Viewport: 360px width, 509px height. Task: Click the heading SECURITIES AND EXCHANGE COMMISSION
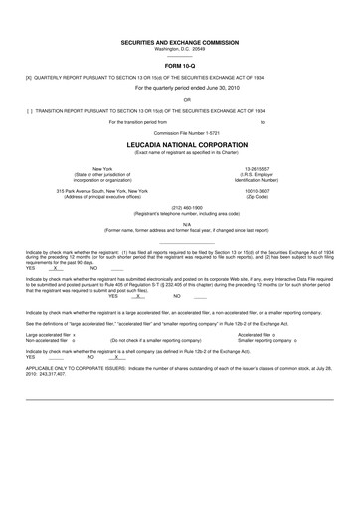180,43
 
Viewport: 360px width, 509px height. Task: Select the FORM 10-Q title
180,66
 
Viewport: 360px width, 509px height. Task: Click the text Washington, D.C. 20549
180,49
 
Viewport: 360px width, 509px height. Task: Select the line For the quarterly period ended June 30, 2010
180,87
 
